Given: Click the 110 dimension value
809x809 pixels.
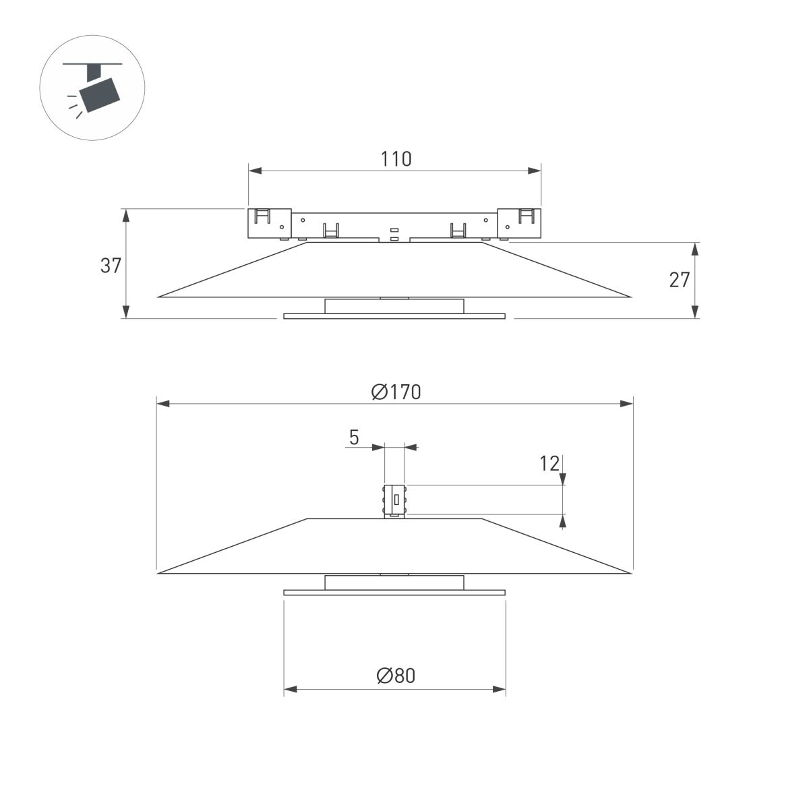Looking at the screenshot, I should (x=396, y=159).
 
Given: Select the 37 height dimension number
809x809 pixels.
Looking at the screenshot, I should (x=111, y=266).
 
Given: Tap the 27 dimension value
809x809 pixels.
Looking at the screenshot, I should (x=680, y=279).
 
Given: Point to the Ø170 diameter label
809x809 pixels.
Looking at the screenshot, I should (x=396, y=392).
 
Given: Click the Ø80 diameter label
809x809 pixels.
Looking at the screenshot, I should (x=396, y=676).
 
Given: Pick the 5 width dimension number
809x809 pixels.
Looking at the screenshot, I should (x=354, y=438).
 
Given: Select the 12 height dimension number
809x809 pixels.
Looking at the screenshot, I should (x=549, y=463).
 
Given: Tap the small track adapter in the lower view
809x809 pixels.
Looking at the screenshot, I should (x=394, y=501).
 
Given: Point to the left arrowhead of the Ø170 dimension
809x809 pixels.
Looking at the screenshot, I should (x=162, y=404).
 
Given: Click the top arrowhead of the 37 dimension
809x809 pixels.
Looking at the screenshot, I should (x=125, y=214).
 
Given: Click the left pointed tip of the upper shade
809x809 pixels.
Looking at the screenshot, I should (x=160, y=296).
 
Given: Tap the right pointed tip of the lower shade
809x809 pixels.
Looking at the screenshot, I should (x=630, y=573).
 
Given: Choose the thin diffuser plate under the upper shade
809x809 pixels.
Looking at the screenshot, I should (x=394, y=316).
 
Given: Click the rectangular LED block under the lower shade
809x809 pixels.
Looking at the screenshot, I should (x=394, y=582).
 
